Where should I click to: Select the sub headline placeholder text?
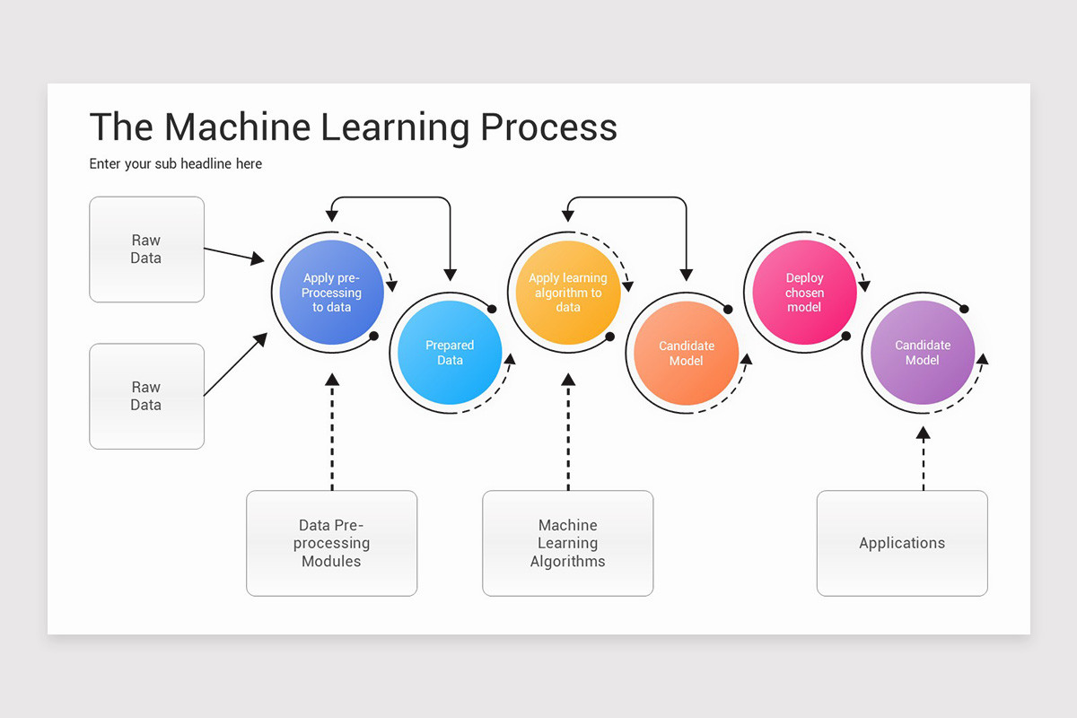pos(176,164)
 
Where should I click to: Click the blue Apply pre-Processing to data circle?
pos(331,293)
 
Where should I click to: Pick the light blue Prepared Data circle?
pos(450,353)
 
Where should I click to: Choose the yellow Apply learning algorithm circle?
pos(567,293)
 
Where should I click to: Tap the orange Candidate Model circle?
pos(687,353)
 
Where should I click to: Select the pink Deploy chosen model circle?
pos(804,293)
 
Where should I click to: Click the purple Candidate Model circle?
pos(922,353)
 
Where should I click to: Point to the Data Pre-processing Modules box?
pos(331,543)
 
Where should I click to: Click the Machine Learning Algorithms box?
pos(567,543)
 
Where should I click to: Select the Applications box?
pos(901,543)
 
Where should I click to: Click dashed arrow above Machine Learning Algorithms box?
pos(567,431)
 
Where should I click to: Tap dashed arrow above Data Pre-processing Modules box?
pos(331,431)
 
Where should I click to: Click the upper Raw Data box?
pos(146,250)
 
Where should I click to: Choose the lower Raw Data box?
pos(146,396)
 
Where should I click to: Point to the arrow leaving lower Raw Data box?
pos(236,363)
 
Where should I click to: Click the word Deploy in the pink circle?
pos(804,278)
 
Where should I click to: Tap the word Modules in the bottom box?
pos(331,562)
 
